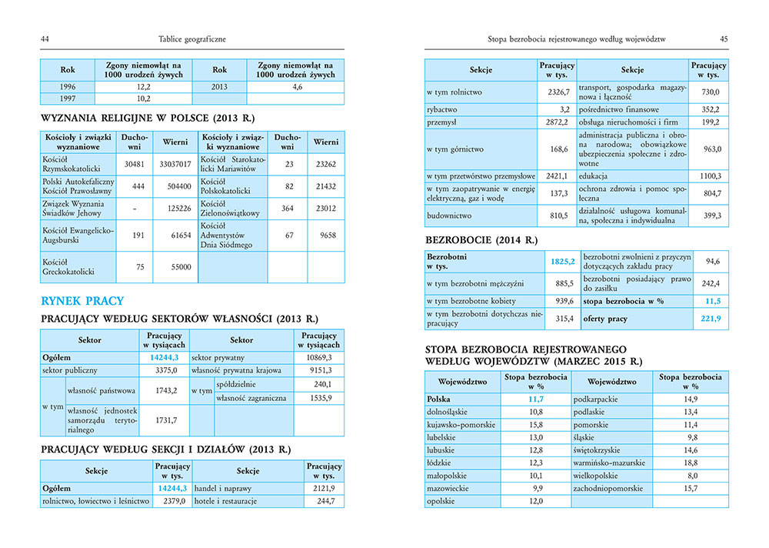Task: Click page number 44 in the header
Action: coord(45,39)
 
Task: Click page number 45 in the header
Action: coord(724,39)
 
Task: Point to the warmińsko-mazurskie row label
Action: coord(613,463)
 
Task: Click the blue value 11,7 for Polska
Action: coord(535,399)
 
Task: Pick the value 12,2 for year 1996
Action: coord(143,87)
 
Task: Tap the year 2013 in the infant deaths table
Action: coord(219,87)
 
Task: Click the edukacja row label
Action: coord(595,176)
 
